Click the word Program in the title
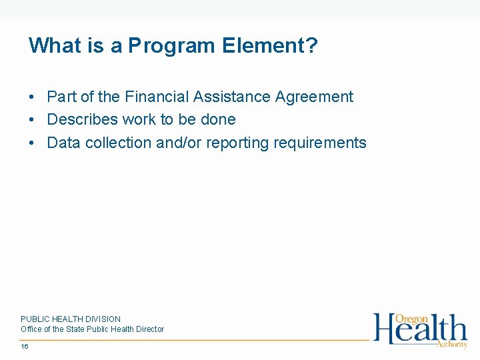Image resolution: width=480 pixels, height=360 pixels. coord(172,46)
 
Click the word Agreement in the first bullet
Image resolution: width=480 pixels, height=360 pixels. coord(314,97)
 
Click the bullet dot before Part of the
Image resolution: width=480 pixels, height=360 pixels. coord(32,97)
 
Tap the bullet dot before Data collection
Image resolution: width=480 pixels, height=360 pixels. coord(32,143)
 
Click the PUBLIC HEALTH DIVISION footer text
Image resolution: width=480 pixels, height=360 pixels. coord(71,319)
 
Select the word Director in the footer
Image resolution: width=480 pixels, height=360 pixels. coord(150,329)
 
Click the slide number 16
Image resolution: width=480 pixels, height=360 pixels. coord(25,347)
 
